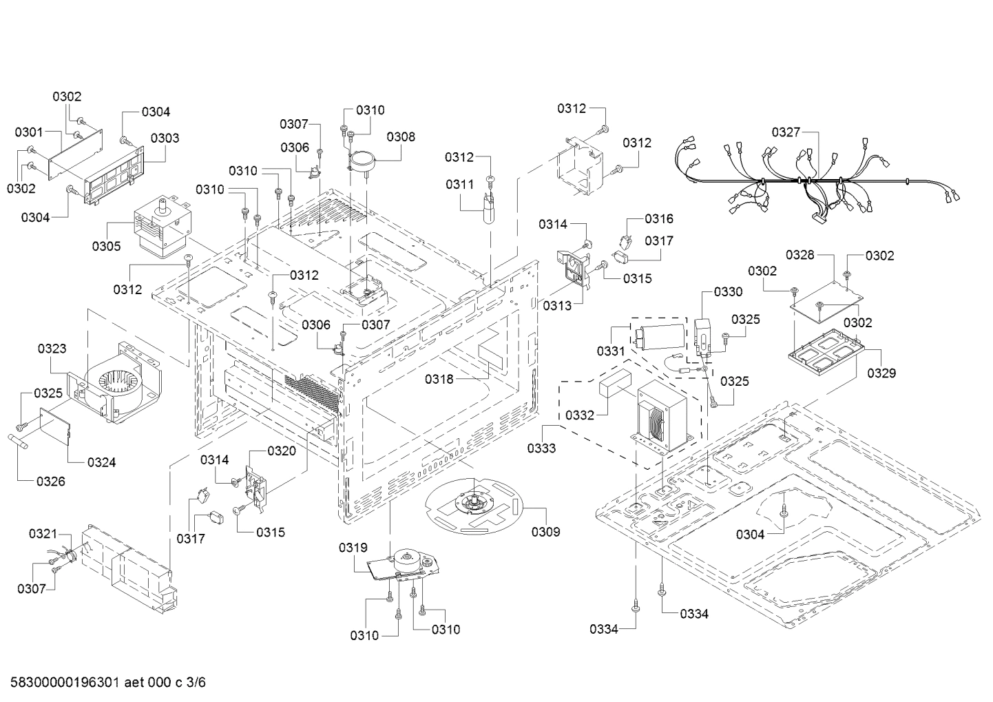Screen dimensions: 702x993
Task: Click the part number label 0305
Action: point(107,246)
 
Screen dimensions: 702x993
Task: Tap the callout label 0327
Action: point(786,132)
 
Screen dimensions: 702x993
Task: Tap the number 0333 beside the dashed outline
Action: point(542,448)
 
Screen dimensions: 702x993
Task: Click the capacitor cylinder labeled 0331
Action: point(661,336)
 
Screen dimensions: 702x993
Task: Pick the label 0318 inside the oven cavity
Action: point(439,378)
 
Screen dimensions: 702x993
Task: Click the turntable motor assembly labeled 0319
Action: point(399,561)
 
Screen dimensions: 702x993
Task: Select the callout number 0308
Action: point(401,136)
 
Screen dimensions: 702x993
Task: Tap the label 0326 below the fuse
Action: point(50,481)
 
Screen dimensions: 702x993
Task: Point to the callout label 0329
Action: point(881,373)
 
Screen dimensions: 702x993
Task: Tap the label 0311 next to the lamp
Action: point(459,184)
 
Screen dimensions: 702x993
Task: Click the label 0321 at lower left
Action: point(43,534)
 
